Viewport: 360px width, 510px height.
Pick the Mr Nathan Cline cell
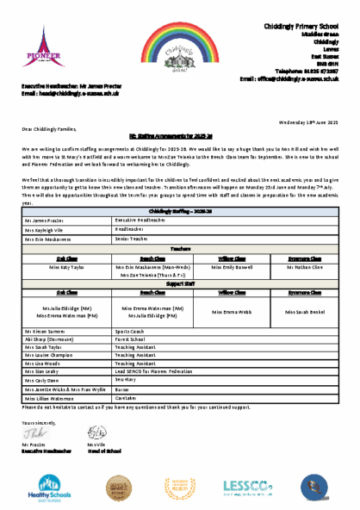[300, 267]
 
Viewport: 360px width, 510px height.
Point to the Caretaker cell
[129, 400]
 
